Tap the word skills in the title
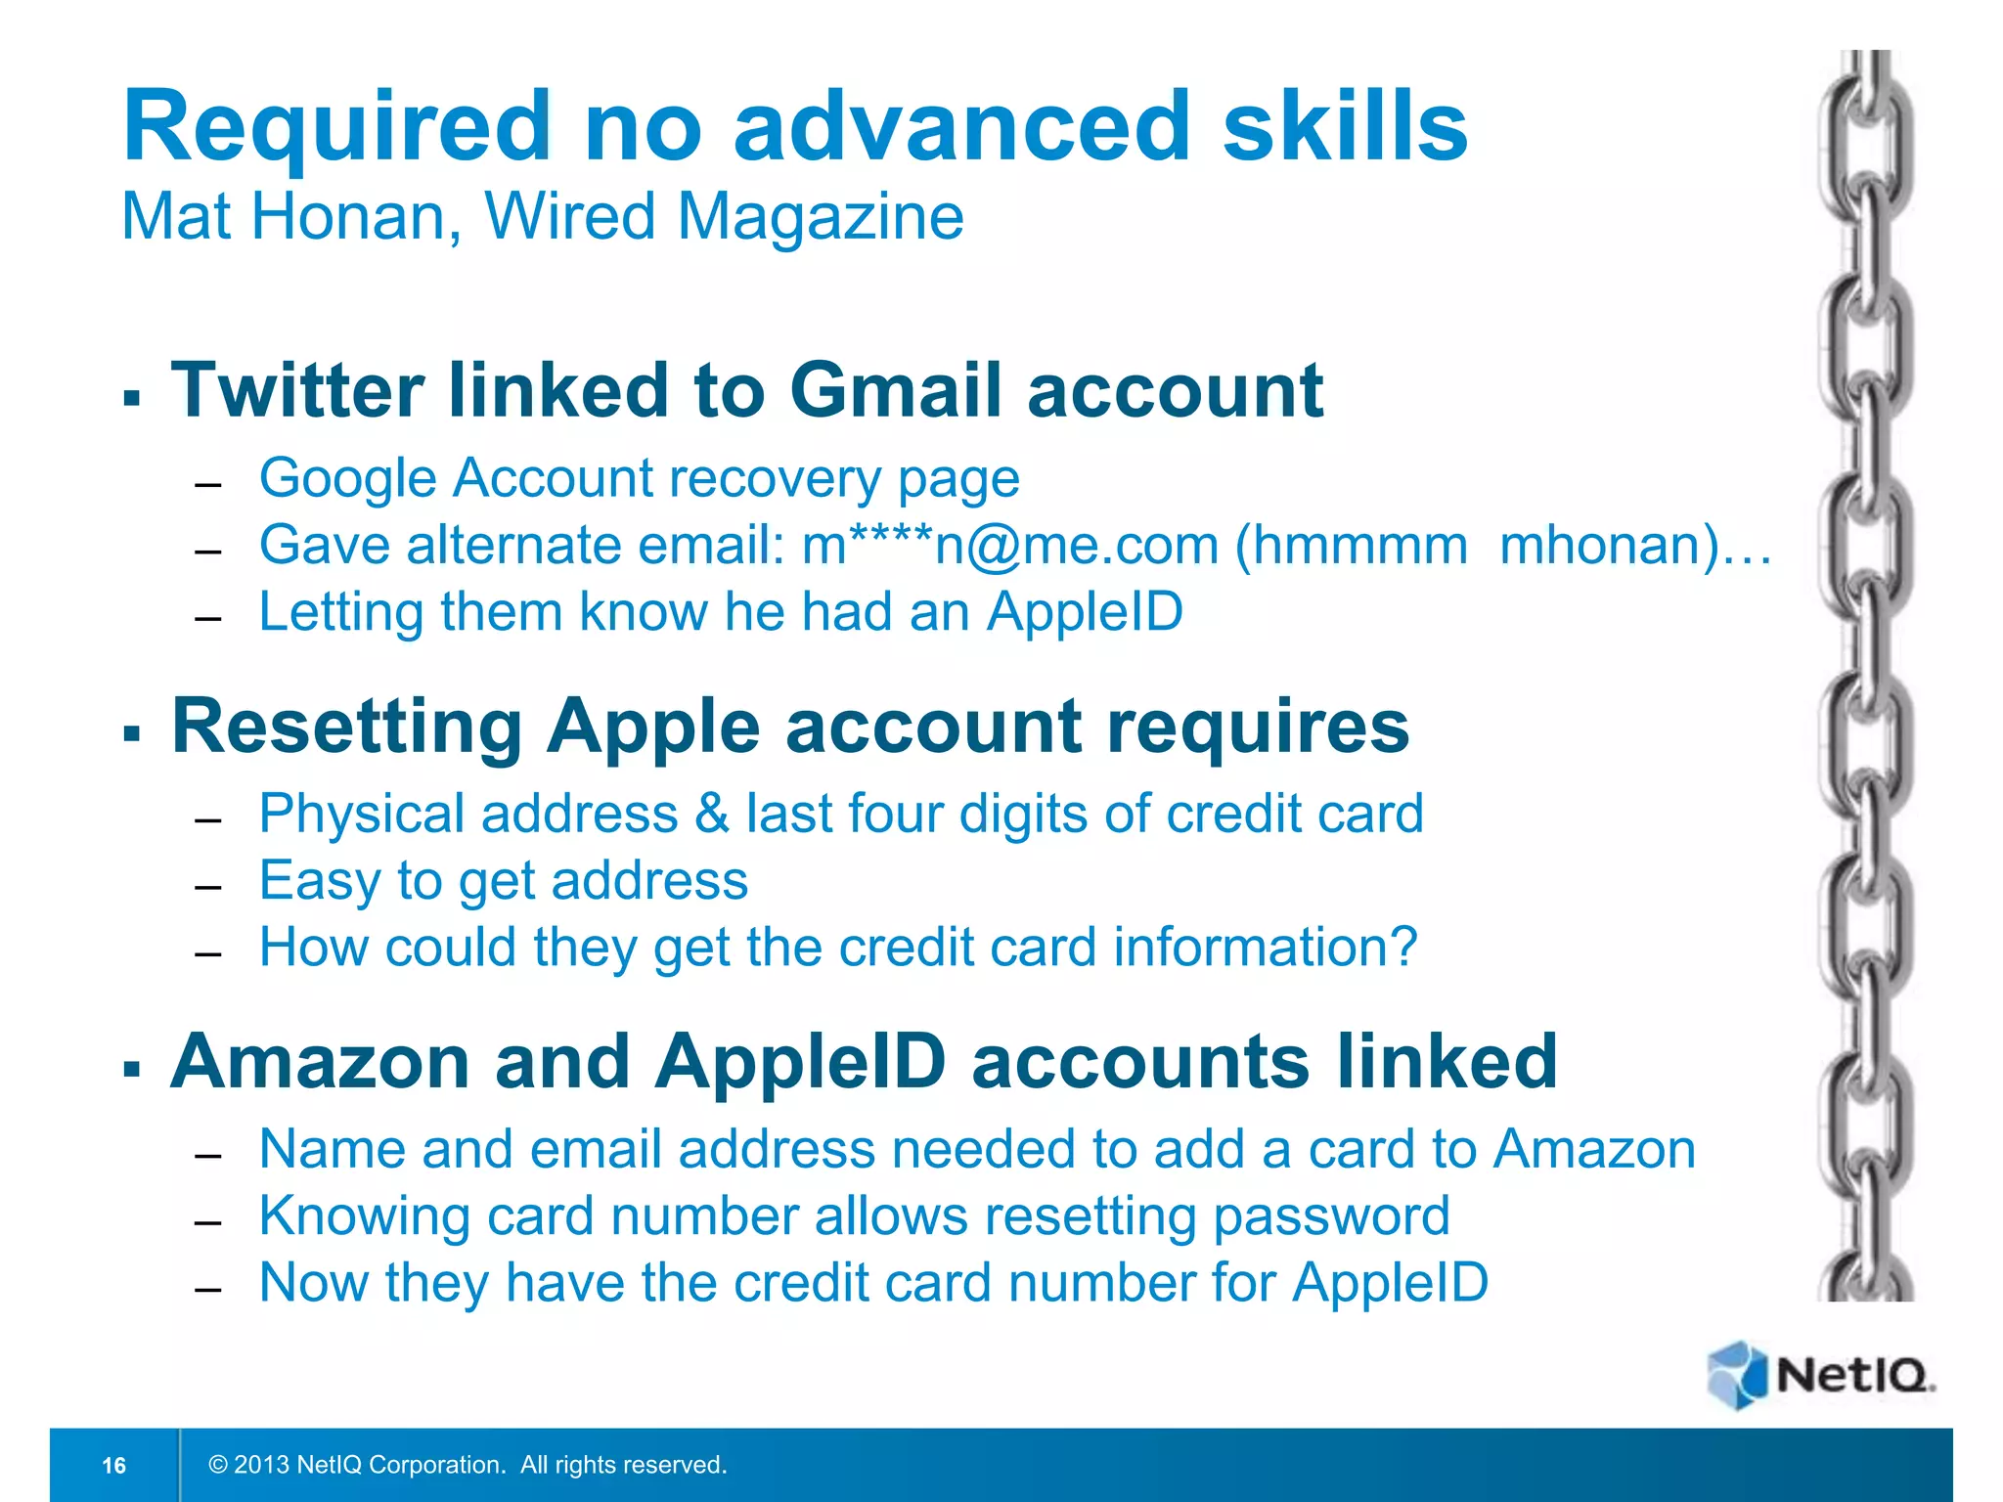point(1345,127)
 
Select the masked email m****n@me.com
point(1010,546)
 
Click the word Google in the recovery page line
point(347,479)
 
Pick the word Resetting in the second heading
point(347,728)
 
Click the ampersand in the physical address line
point(712,814)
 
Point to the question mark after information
point(1404,947)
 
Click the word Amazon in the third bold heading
point(320,1063)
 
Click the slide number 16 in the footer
point(114,1465)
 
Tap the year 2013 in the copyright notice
point(261,1465)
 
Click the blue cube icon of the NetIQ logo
point(1737,1375)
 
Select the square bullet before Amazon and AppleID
point(132,1068)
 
